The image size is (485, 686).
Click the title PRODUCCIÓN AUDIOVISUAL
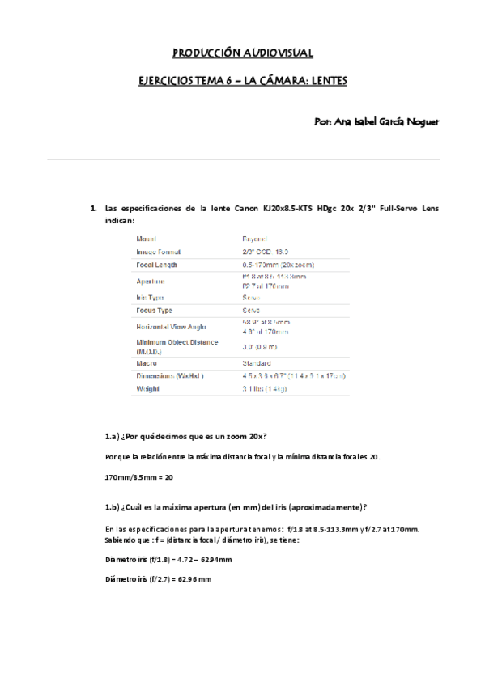coord(243,53)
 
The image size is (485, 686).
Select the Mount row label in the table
coord(147,239)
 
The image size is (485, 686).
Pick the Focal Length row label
coord(157,265)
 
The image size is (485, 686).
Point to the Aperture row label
coord(151,281)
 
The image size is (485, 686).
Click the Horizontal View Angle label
coord(171,326)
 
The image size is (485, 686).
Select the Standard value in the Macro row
coord(257,363)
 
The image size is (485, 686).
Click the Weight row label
coord(148,389)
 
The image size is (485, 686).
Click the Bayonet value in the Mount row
coord(257,239)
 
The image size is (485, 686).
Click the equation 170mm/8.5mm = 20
coord(139,477)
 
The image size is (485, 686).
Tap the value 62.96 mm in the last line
coord(194,579)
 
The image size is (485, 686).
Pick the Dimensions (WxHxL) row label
coord(170,376)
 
